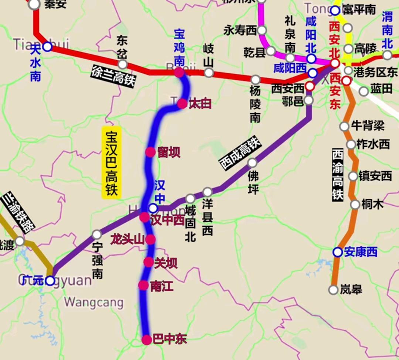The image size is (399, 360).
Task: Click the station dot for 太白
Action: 182,104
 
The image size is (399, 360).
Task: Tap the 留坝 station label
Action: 169,152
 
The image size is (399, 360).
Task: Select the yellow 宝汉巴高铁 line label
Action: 111,163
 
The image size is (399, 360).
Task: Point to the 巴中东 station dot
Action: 147,340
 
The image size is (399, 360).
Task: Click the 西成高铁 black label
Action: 240,153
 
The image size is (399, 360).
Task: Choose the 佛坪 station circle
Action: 252,163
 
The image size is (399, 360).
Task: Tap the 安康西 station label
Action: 361,252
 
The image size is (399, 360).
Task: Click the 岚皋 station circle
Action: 334,290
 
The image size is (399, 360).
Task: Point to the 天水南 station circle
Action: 47,47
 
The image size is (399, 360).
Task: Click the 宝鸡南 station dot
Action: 179,72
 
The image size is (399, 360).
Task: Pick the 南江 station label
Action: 162,286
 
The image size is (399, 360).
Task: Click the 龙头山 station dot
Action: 150,240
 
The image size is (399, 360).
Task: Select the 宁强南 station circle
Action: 97,234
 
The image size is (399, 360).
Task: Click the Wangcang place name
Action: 94,302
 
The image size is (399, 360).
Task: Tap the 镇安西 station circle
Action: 353,176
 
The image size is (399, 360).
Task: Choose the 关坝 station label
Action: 166,263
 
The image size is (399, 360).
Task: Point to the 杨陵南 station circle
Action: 256,79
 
